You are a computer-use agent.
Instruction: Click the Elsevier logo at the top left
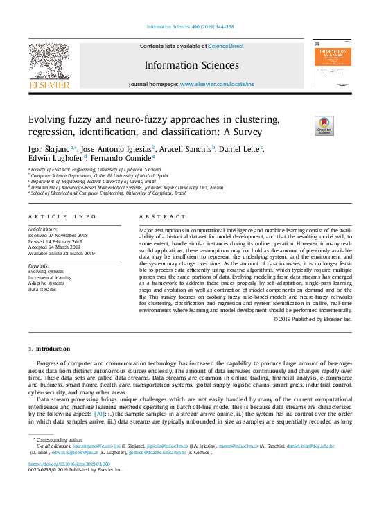pyautogui.click(x=49, y=69)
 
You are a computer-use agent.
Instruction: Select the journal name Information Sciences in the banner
pyautogui.click(x=191, y=65)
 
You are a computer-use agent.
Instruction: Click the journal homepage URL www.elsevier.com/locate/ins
pyautogui.click(x=217, y=84)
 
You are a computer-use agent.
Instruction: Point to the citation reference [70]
pyautogui.click(x=99, y=414)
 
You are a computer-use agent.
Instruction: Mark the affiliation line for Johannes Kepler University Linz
pyautogui.click(x=127, y=187)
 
